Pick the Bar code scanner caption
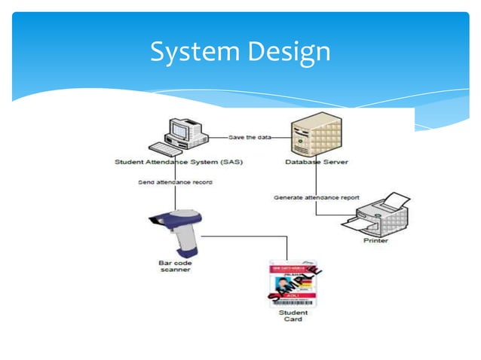[175, 266]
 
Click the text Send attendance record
[176, 182]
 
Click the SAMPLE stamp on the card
[297, 285]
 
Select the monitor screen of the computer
[179, 130]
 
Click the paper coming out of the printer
[394, 200]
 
